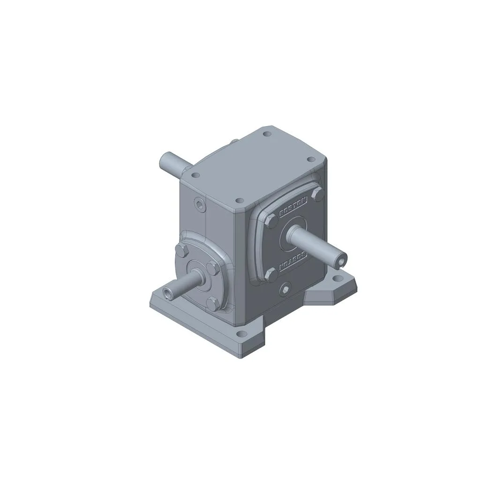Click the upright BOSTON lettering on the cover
tap(293, 207)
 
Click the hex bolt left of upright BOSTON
tap(271, 222)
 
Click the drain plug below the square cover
tap(284, 290)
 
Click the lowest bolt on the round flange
tap(211, 303)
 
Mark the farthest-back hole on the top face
tap(267, 134)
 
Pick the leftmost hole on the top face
tap(196, 175)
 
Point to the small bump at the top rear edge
tap(233, 142)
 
